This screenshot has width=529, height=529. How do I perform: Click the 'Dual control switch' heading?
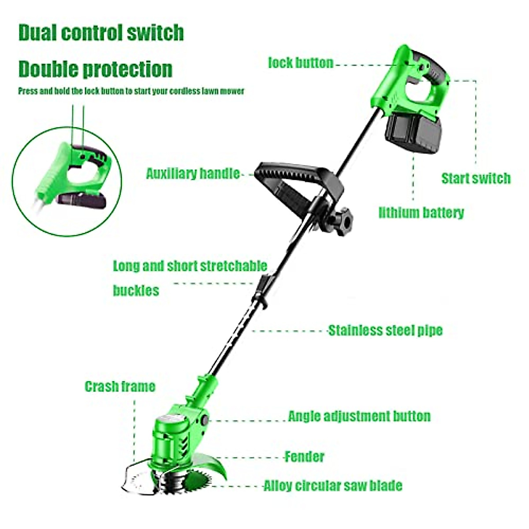(x=101, y=33)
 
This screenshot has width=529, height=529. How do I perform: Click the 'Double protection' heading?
(x=95, y=69)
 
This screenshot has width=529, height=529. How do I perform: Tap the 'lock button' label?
(x=301, y=63)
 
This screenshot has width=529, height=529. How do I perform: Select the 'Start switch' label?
(x=476, y=179)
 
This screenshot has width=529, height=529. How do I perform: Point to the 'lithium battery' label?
(x=421, y=213)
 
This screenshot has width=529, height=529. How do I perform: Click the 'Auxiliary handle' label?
(x=193, y=174)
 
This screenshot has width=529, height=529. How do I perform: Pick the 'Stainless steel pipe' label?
(x=385, y=331)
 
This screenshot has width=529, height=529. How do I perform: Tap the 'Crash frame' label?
(x=120, y=387)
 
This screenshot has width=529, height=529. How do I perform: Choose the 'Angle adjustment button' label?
(x=359, y=416)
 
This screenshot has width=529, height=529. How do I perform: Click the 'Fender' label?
(x=305, y=457)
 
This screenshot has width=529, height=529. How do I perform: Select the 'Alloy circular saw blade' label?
(x=333, y=486)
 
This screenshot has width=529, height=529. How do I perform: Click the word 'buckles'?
(x=136, y=291)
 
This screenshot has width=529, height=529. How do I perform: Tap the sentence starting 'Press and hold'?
(x=131, y=91)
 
